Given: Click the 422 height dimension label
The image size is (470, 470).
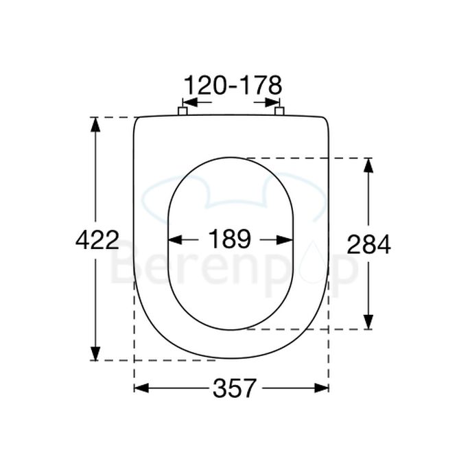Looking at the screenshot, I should pos(97,240).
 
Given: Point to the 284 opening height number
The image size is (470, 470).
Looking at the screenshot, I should pos(368,244).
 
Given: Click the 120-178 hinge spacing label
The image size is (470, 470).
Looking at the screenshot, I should pos(233,86).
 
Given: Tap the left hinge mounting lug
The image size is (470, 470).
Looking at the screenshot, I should pos(183,111).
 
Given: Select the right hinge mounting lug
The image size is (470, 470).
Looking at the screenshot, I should pos(279,111).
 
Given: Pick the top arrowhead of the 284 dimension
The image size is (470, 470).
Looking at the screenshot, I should pos(368,164).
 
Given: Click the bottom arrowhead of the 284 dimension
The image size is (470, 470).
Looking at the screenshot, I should pos(368,322).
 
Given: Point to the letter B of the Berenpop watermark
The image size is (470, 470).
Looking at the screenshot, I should pos(126,268).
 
